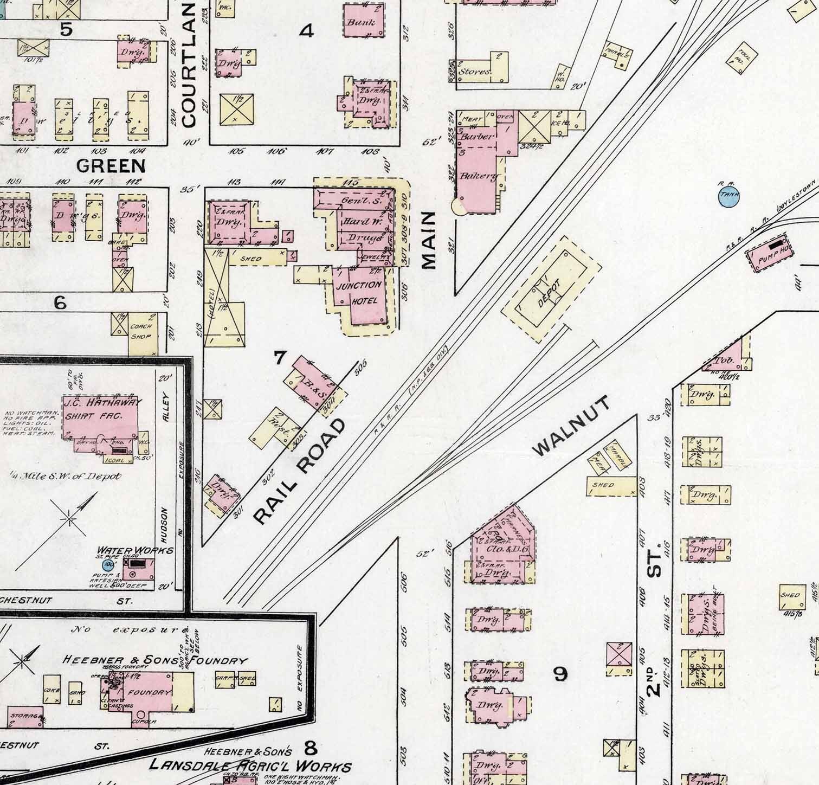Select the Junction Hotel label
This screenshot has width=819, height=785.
click(x=359, y=293)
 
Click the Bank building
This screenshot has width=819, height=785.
click(x=364, y=22)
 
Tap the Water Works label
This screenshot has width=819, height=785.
click(x=135, y=550)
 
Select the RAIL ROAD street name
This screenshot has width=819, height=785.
click(x=299, y=471)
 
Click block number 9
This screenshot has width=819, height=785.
click(x=560, y=674)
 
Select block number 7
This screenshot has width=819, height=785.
click(x=280, y=358)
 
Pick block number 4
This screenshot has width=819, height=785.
click(x=306, y=31)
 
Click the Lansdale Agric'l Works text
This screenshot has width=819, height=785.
click(x=250, y=766)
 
